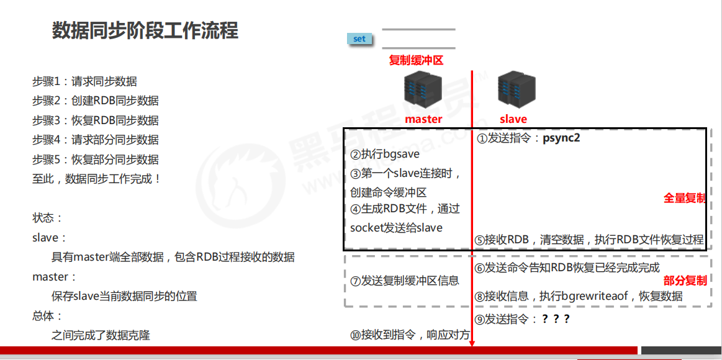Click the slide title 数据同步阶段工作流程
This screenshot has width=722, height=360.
[145, 30]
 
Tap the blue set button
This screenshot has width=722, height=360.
[359, 39]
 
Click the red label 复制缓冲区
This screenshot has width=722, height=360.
[416, 60]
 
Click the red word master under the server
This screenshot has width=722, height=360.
[423, 119]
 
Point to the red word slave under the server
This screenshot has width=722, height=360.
[513, 119]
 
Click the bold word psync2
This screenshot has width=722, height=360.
[561, 138]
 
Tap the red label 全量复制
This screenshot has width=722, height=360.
[685, 198]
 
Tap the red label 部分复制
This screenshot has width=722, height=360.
[685, 281]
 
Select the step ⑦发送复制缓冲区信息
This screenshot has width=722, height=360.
[405, 281]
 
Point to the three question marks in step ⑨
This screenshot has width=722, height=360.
[555, 319]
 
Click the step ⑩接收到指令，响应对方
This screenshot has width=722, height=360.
[409, 335]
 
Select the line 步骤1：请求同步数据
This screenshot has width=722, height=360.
[84, 81]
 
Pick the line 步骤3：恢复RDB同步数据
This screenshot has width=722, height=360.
[95, 120]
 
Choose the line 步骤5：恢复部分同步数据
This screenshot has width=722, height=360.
[95, 160]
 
